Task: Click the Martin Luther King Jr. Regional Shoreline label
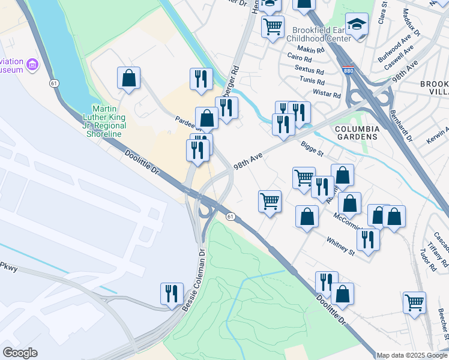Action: coord(104,116)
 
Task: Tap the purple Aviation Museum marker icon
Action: coord(33,64)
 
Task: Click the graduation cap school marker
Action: coord(357,25)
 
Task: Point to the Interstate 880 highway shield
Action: coord(348,70)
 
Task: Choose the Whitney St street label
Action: coord(341,247)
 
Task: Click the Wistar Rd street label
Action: coord(327,95)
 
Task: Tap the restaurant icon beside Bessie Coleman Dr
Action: coord(172,293)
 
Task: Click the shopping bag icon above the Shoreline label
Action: coord(128,77)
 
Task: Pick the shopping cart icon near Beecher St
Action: coord(415,302)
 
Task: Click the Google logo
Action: coord(20,353)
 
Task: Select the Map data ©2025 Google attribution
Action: coord(412,355)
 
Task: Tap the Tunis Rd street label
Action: coord(313,82)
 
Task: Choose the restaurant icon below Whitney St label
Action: coord(367,239)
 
